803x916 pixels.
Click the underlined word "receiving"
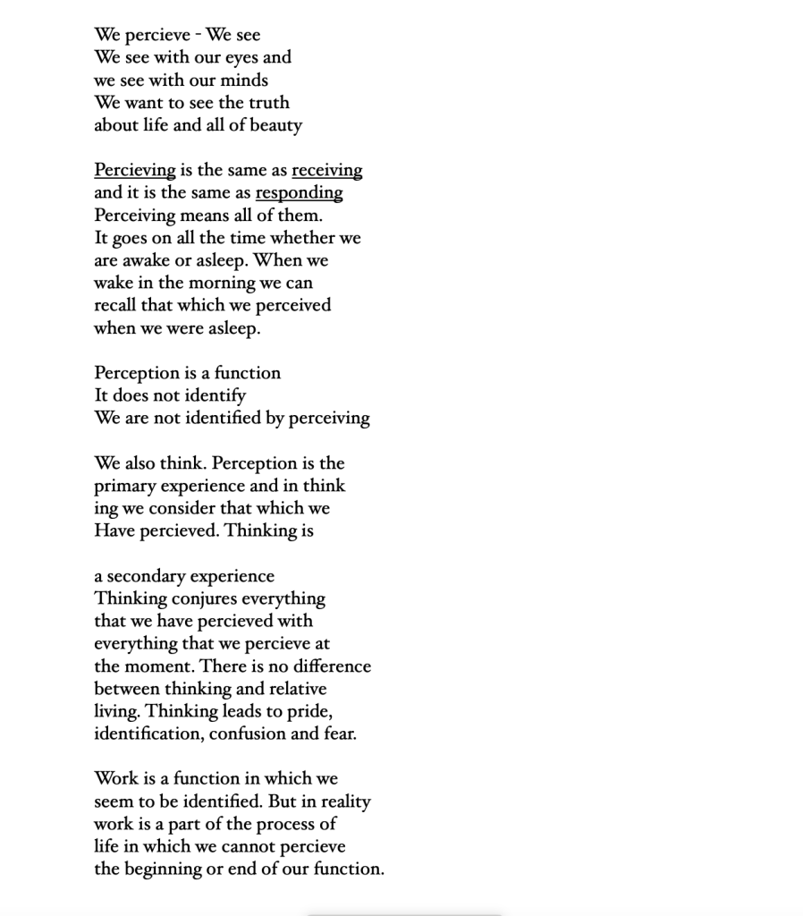pos(326,170)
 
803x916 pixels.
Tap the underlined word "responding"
pos(299,192)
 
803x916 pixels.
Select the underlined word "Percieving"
pos(135,170)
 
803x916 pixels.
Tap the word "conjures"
pos(204,598)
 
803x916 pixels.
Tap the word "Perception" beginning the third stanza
pos(138,373)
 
